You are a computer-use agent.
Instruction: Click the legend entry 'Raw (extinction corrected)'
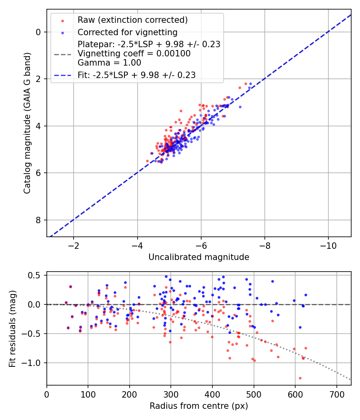(132, 20)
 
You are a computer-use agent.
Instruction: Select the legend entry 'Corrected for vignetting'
(127, 32)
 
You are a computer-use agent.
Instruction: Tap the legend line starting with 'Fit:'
(136, 75)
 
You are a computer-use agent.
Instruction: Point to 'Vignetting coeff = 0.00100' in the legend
(134, 54)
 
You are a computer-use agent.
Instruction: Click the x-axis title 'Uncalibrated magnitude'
(199, 257)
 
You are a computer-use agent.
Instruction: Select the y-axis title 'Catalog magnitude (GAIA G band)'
(27, 123)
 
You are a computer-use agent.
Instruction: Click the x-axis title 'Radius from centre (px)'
(199, 406)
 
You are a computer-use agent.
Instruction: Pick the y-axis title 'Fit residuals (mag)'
(12, 328)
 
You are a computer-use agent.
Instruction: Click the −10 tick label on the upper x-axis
(328, 245)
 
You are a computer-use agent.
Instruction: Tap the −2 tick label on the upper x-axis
(73, 245)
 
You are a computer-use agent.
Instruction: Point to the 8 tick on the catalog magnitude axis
(39, 220)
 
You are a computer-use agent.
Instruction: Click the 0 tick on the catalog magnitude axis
(39, 32)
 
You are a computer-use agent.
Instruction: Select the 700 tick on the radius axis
(336, 394)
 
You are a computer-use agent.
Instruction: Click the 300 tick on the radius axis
(171, 394)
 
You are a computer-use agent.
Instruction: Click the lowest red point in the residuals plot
(300, 378)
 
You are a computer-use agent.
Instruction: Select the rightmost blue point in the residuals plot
(306, 295)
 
